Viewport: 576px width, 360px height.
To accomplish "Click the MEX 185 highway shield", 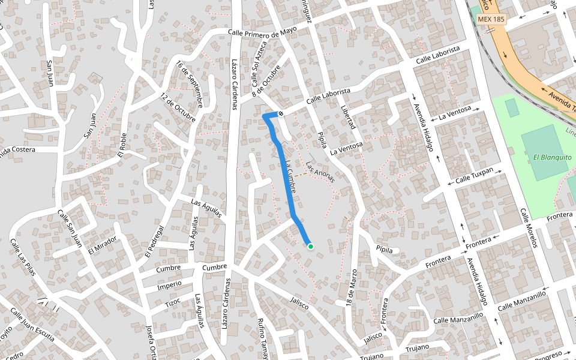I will click(491, 19).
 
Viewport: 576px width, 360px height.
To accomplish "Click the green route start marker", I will click(310, 246).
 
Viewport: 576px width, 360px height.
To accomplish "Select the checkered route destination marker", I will click(281, 113).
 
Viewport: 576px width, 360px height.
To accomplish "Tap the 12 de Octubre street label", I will click(178, 108).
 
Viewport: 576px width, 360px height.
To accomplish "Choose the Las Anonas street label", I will click(319, 171).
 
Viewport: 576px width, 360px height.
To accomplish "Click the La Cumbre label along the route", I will click(291, 178).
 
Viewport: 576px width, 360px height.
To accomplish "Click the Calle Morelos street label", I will click(530, 229).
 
